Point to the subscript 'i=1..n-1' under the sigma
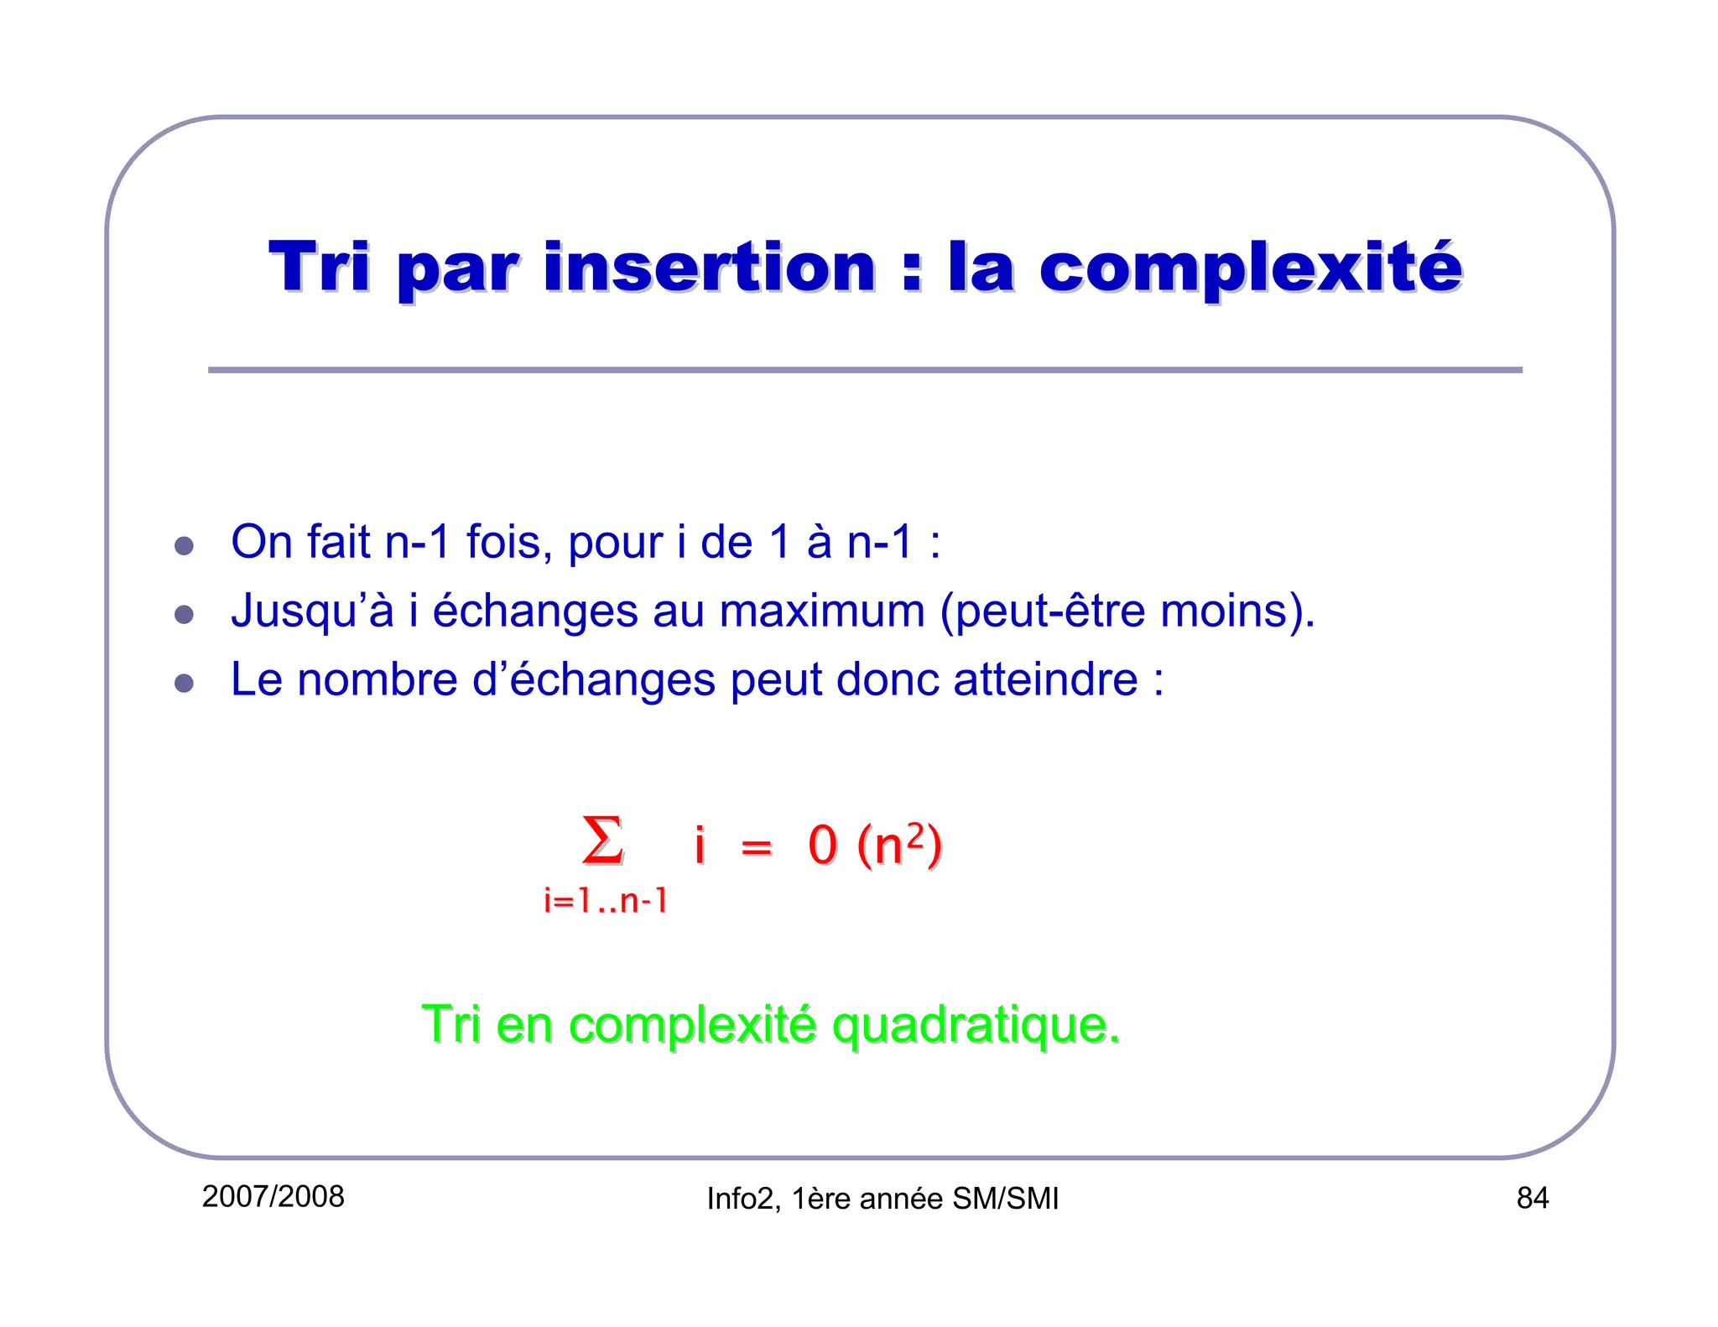[606, 901]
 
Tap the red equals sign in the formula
[756, 847]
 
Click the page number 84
[1532, 1198]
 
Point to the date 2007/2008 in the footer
[273, 1196]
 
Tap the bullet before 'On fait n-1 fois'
[184, 546]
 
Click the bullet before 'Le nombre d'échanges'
[184, 683]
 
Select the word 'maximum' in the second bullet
[821, 611]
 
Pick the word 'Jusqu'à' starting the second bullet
[311, 611]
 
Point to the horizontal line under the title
[864, 370]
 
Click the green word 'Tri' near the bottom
[450, 1024]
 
